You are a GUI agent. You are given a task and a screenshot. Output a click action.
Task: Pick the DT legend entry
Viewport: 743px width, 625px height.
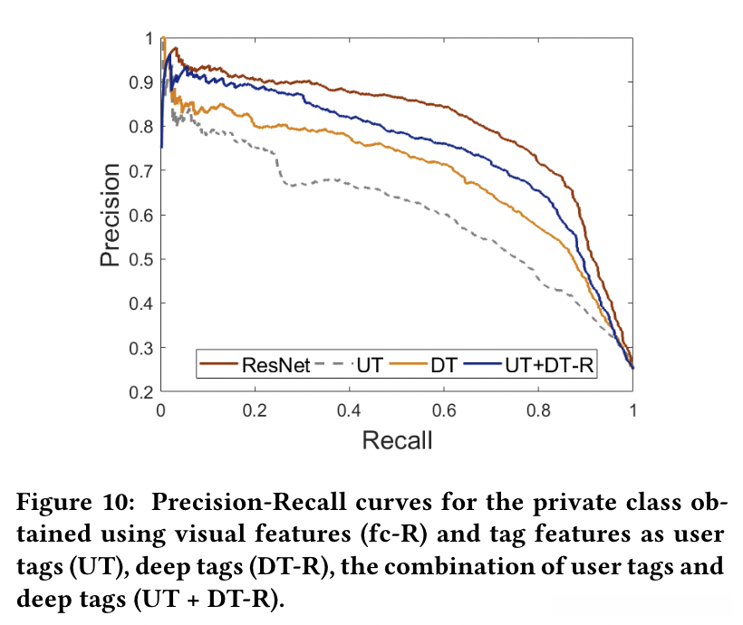point(443,365)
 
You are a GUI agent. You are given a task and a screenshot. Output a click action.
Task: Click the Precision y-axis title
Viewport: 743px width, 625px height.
point(110,215)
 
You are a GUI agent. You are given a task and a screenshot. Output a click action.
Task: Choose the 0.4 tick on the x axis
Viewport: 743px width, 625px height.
point(350,410)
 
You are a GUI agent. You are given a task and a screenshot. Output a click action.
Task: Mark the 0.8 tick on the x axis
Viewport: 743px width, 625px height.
point(539,410)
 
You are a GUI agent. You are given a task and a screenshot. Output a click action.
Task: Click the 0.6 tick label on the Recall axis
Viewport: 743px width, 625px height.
point(445,410)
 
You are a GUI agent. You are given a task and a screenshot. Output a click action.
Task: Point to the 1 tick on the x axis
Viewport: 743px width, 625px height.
point(632,410)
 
